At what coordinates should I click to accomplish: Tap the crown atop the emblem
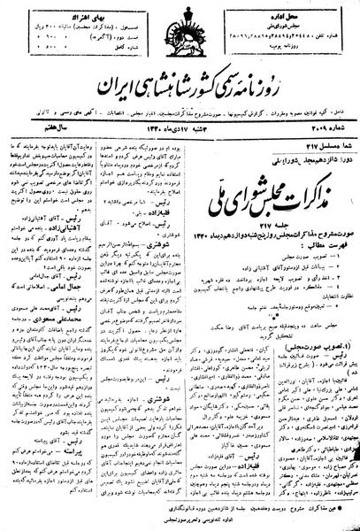tap(180, 16)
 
